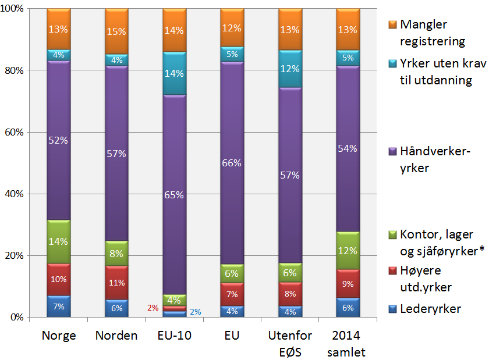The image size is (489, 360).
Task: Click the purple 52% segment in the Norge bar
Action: [58, 140]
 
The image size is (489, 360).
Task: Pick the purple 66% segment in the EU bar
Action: [232, 164]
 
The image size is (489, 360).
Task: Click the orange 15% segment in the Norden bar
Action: [116, 31]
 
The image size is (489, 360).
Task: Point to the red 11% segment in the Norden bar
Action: [116, 283]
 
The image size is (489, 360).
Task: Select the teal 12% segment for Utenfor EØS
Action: [290, 69]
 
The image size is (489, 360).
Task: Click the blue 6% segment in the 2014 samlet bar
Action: [348, 308]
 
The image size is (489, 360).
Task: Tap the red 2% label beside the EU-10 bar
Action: [153, 308]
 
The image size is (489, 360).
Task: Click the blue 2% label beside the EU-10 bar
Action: [196, 312]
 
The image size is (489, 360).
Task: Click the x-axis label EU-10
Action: [174, 336]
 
